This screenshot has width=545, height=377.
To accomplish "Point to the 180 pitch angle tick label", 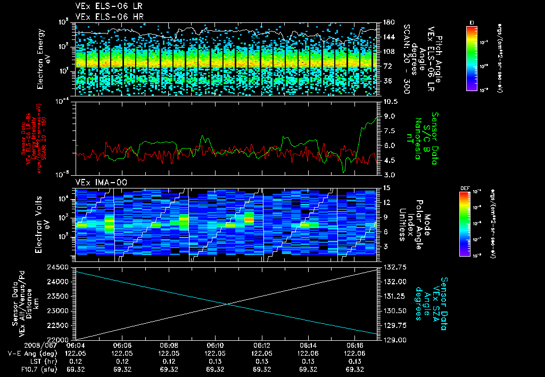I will tap(389, 22).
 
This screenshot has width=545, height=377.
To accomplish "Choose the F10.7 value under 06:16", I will tap(355, 370).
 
